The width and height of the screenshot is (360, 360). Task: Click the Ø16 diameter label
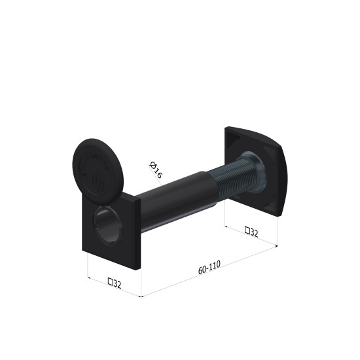[156, 170]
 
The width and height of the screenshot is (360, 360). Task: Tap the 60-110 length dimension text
[209, 267]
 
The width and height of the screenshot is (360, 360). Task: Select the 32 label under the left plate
[115, 283]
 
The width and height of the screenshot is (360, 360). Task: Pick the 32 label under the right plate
[251, 232]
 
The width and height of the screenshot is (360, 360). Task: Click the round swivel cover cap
[98, 171]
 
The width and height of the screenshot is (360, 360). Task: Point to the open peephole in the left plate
[107, 225]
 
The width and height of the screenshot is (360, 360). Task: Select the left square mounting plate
[111, 231]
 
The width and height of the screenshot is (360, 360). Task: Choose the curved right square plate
[255, 171]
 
